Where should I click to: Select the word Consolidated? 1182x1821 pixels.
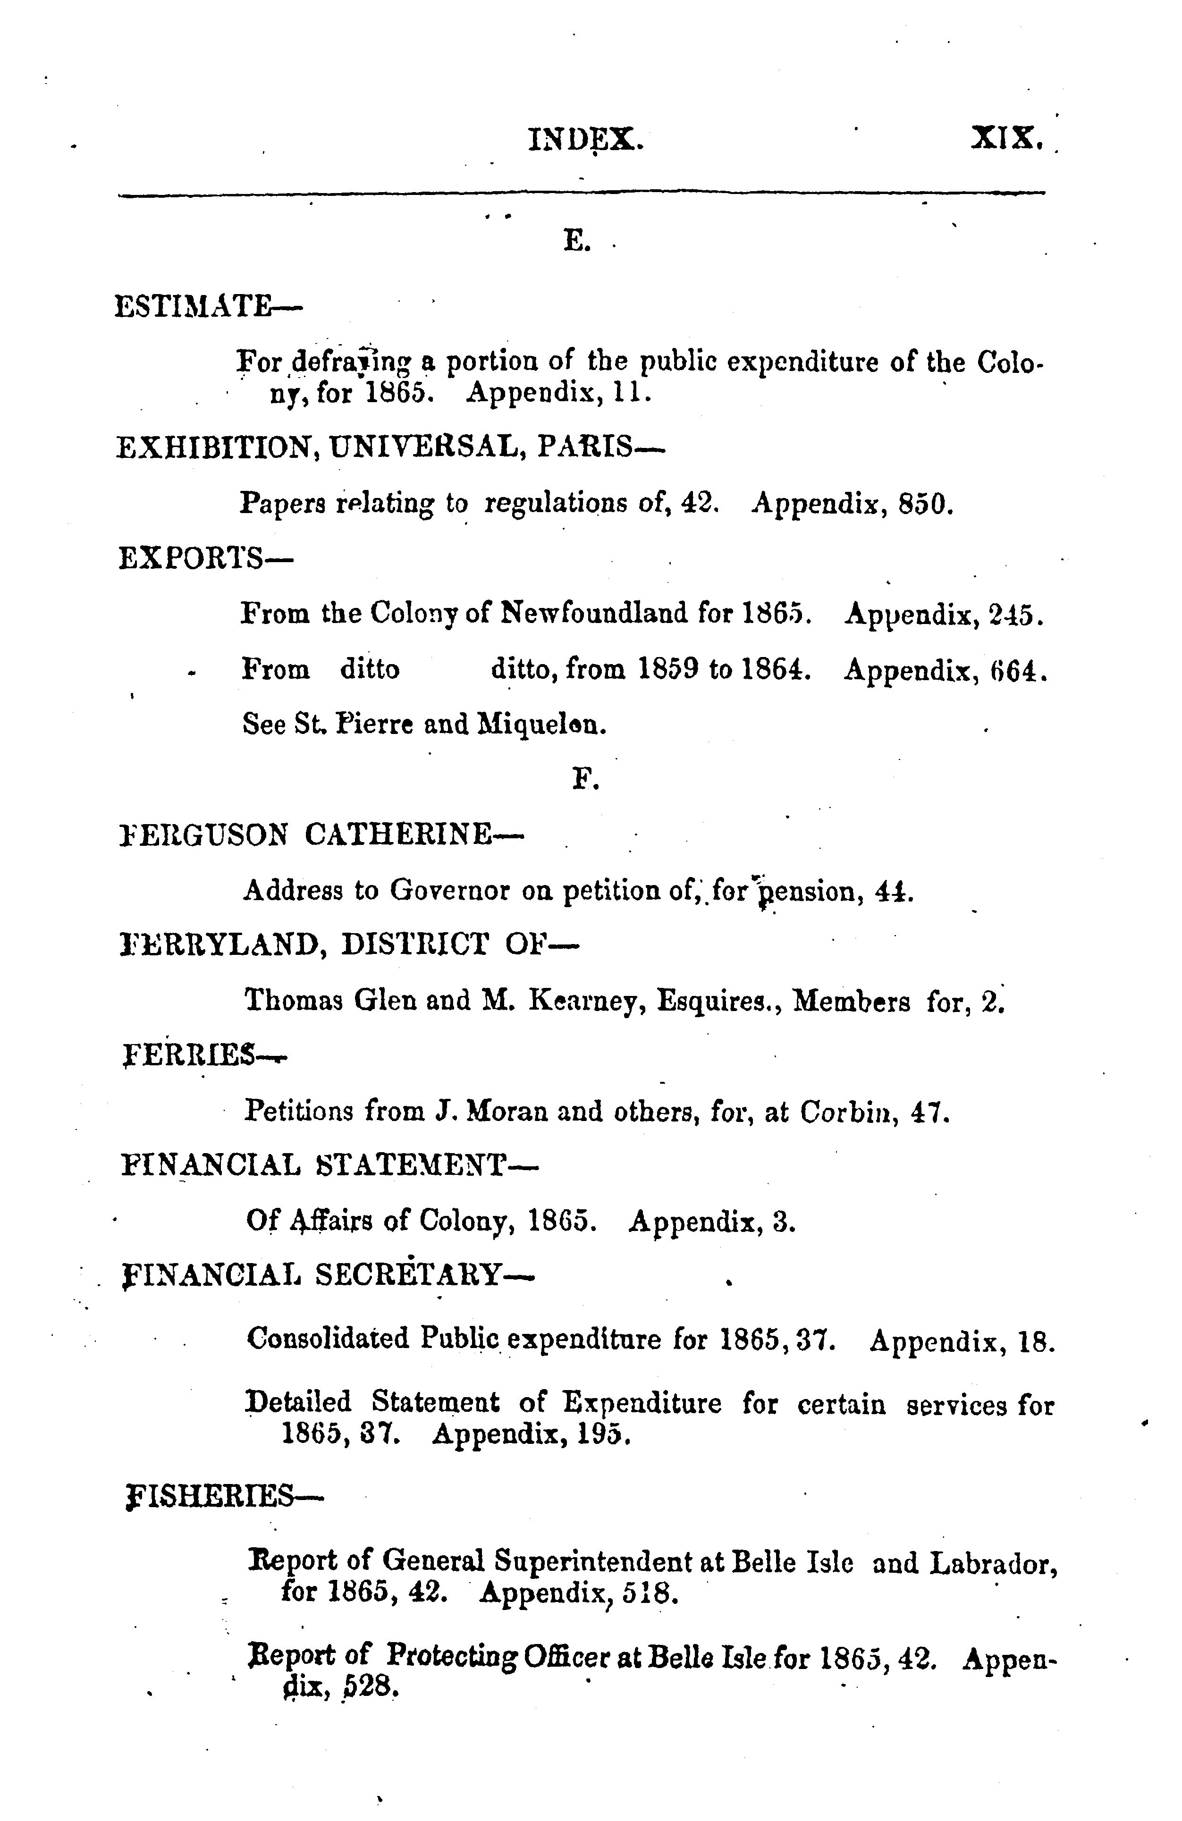(x=328, y=1339)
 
